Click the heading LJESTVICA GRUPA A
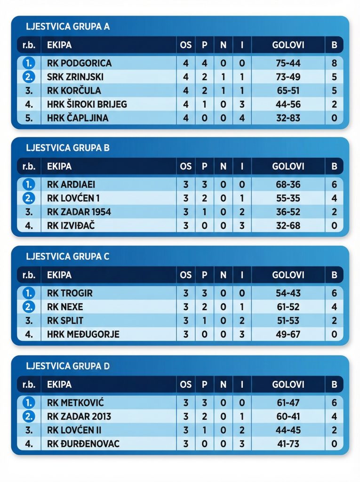68,26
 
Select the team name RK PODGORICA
80,63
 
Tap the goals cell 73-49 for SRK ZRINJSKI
288,77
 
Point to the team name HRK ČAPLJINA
78,118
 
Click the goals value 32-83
288,118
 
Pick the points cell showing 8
334,63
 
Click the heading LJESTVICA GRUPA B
68,147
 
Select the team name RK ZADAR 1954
79,212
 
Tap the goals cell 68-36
288,185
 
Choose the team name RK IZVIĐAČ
71,225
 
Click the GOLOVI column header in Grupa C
288,275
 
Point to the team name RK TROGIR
70,293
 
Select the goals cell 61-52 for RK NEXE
288,307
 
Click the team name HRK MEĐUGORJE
83,334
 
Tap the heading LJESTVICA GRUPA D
68,366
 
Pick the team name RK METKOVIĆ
76,403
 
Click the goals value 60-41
288,417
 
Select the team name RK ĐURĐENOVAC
83,444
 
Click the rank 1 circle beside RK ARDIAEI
29,185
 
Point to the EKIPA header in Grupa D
59,385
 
